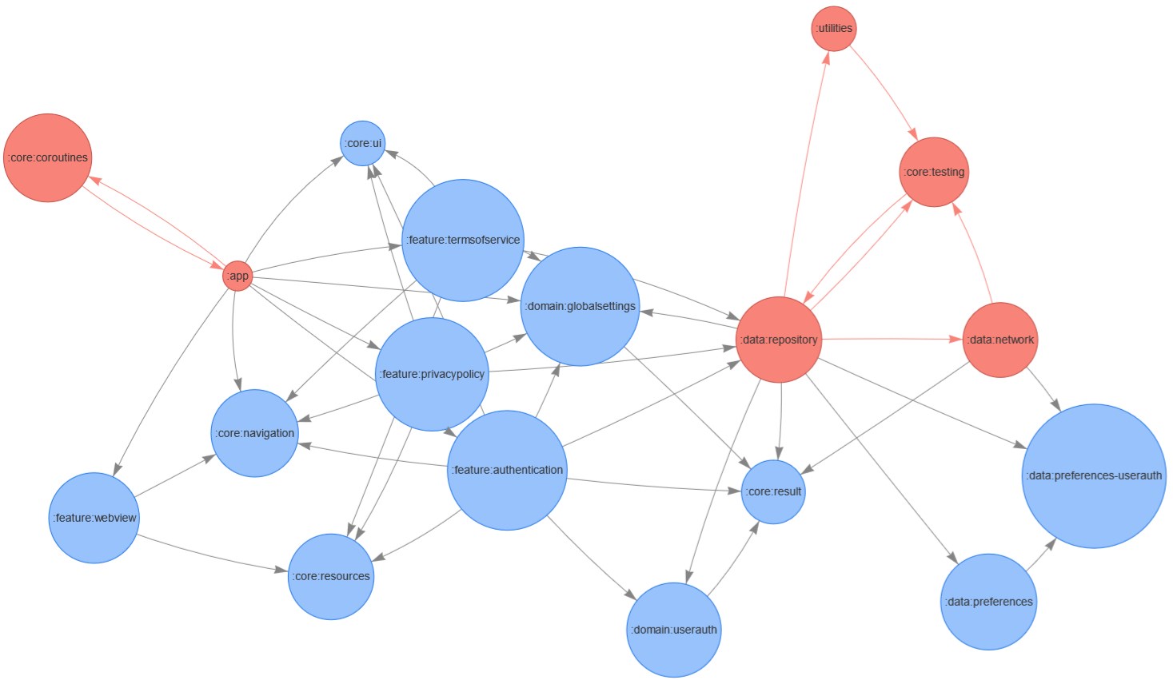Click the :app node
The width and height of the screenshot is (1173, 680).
[237, 276]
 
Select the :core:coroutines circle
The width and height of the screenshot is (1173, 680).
[48, 157]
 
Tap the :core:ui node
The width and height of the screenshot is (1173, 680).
[363, 143]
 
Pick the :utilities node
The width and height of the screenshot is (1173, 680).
[834, 28]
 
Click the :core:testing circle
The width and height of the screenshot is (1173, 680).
[934, 172]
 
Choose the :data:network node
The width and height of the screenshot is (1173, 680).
[1000, 340]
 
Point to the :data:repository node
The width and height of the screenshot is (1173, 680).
[779, 340]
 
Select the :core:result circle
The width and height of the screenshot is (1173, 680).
[774, 491]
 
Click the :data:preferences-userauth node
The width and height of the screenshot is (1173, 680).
[1094, 475]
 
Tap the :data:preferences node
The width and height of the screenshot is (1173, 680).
[989, 602]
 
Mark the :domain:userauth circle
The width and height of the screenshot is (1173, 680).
[674, 630]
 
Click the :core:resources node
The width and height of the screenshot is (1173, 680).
[331, 576]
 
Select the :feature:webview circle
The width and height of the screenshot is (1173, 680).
[94, 518]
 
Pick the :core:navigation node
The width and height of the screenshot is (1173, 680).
[255, 433]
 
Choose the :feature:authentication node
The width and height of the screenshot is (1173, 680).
[507, 470]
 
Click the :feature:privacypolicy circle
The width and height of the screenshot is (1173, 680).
[432, 374]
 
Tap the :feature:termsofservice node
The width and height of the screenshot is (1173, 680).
[463, 240]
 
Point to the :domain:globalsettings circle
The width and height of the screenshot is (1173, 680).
[581, 306]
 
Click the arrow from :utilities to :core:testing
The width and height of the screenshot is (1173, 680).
[883, 91]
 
